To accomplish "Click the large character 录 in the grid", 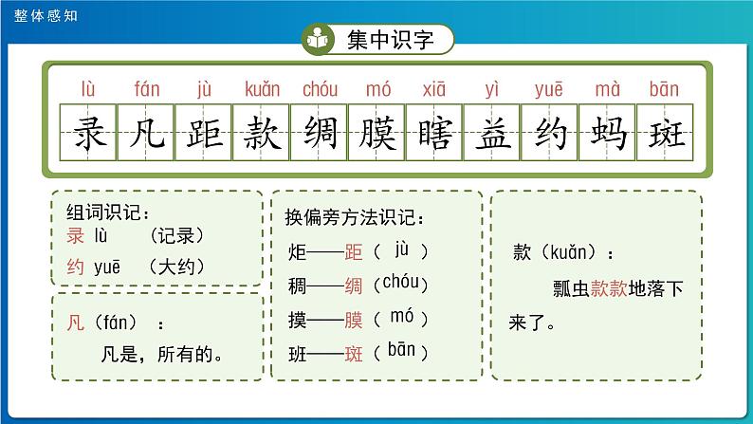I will [89, 134].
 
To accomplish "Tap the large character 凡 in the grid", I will [147, 134].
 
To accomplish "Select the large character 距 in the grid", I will [204, 134].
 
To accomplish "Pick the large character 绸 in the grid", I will [319, 134].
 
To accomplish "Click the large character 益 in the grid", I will [491, 134].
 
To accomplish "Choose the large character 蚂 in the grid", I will [606, 134].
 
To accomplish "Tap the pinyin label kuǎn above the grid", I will [262, 90].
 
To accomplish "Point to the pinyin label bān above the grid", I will [664, 90].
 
